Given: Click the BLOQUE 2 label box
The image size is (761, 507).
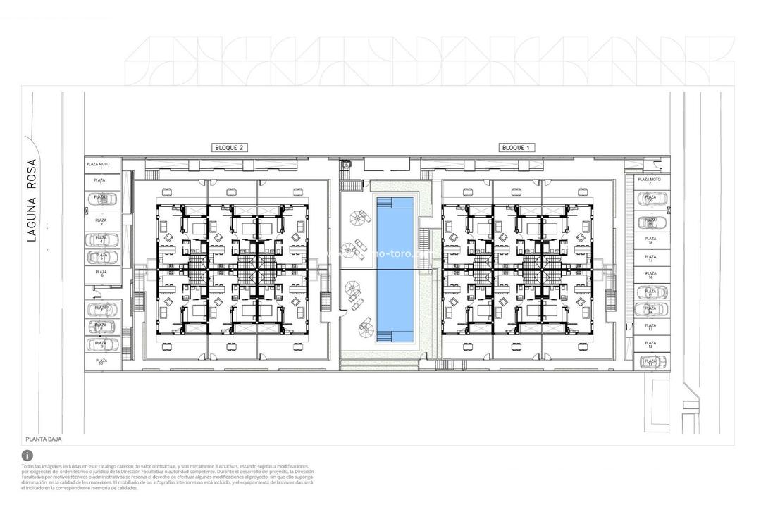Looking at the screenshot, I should click(230, 148).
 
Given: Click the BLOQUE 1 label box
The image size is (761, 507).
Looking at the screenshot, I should click(518, 148).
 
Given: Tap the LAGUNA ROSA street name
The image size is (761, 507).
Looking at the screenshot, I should click(32, 201).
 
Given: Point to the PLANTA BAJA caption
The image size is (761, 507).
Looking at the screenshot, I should click(44, 439).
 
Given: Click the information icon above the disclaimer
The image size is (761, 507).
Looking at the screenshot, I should click(27, 456).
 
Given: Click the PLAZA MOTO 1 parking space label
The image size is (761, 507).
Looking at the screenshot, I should click(101, 165).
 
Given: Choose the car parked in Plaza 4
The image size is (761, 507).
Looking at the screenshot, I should click(102, 240).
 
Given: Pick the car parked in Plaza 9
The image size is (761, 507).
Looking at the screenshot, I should click(102, 344).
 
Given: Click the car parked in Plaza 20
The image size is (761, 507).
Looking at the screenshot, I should click(652, 199).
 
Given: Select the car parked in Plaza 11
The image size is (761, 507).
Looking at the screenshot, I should click(652, 362).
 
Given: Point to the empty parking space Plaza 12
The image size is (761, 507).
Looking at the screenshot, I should click(651, 344).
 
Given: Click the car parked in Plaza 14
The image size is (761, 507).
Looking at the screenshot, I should click(652, 309).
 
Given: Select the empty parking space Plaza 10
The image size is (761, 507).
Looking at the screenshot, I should click(101, 362).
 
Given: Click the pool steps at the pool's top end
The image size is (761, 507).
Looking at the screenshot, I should click(395, 202).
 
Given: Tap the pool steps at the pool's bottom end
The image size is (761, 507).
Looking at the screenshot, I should click(395, 337).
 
